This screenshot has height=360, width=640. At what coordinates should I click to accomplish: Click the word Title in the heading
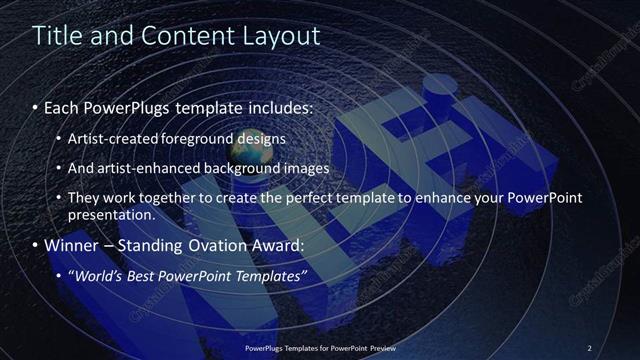(x=55, y=36)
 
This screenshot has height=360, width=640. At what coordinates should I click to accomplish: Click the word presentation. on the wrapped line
(x=111, y=214)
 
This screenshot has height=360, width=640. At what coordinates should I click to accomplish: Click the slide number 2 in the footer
(x=590, y=347)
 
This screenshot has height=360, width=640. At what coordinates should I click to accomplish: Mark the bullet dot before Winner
(x=37, y=245)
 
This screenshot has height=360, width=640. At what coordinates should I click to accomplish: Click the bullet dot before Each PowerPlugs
(x=37, y=107)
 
